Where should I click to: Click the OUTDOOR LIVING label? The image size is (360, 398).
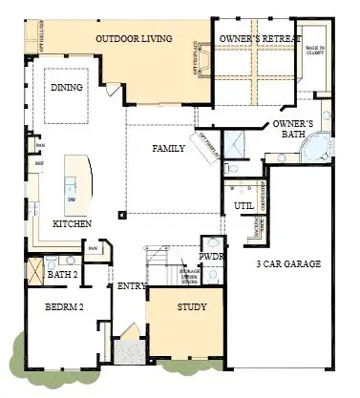(133, 39)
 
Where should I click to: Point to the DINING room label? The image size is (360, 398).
(66, 88)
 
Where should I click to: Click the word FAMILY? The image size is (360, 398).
(168, 148)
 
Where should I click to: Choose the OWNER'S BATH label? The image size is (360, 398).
(294, 131)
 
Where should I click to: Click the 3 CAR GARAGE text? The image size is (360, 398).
(287, 263)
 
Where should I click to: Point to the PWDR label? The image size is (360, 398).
(210, 257)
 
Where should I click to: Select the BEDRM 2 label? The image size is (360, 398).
(64, 307)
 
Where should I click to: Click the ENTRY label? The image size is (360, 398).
(132, 286)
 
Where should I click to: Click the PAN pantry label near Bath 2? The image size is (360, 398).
(94, 250)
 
